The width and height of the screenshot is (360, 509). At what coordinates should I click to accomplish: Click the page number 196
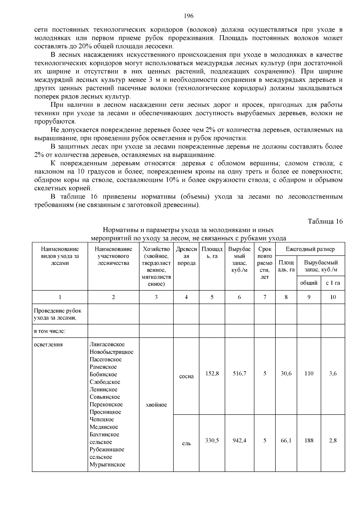(189, 16)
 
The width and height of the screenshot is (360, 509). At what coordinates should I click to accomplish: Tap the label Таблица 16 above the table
(325, 221)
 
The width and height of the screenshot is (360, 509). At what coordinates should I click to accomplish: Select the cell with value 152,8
(212, 373)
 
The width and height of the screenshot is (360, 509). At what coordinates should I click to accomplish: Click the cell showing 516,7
(239, 373)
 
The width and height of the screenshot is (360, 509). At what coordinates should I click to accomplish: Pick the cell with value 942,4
(239, 440)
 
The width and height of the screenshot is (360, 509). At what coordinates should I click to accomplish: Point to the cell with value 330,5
(212, 440)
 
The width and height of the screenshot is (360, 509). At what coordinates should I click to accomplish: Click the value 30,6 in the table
(286, 373)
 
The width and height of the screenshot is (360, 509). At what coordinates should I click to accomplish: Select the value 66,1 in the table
(286, 440)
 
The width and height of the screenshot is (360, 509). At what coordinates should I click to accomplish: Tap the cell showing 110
(309, 373)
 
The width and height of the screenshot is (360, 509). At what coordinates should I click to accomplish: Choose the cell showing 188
(309, 440)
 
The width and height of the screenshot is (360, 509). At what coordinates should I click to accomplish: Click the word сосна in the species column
(186, 376)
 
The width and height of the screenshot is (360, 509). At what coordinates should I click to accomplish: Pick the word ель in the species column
(186, 443)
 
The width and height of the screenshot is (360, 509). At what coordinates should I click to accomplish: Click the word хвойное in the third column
(156, 405)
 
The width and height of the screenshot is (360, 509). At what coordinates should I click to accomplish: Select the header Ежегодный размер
(310, 249)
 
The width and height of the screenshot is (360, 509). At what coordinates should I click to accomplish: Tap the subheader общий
(309, 283)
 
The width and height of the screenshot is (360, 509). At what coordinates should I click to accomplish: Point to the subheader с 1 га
(333, 283)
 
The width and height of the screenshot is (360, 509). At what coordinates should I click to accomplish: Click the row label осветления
(48, 344)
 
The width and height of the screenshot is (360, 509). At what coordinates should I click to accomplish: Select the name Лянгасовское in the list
(107, 344)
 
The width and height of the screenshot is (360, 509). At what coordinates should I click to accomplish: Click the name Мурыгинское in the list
(107, 465)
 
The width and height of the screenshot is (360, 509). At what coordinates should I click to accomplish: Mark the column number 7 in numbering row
(265, 297)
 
